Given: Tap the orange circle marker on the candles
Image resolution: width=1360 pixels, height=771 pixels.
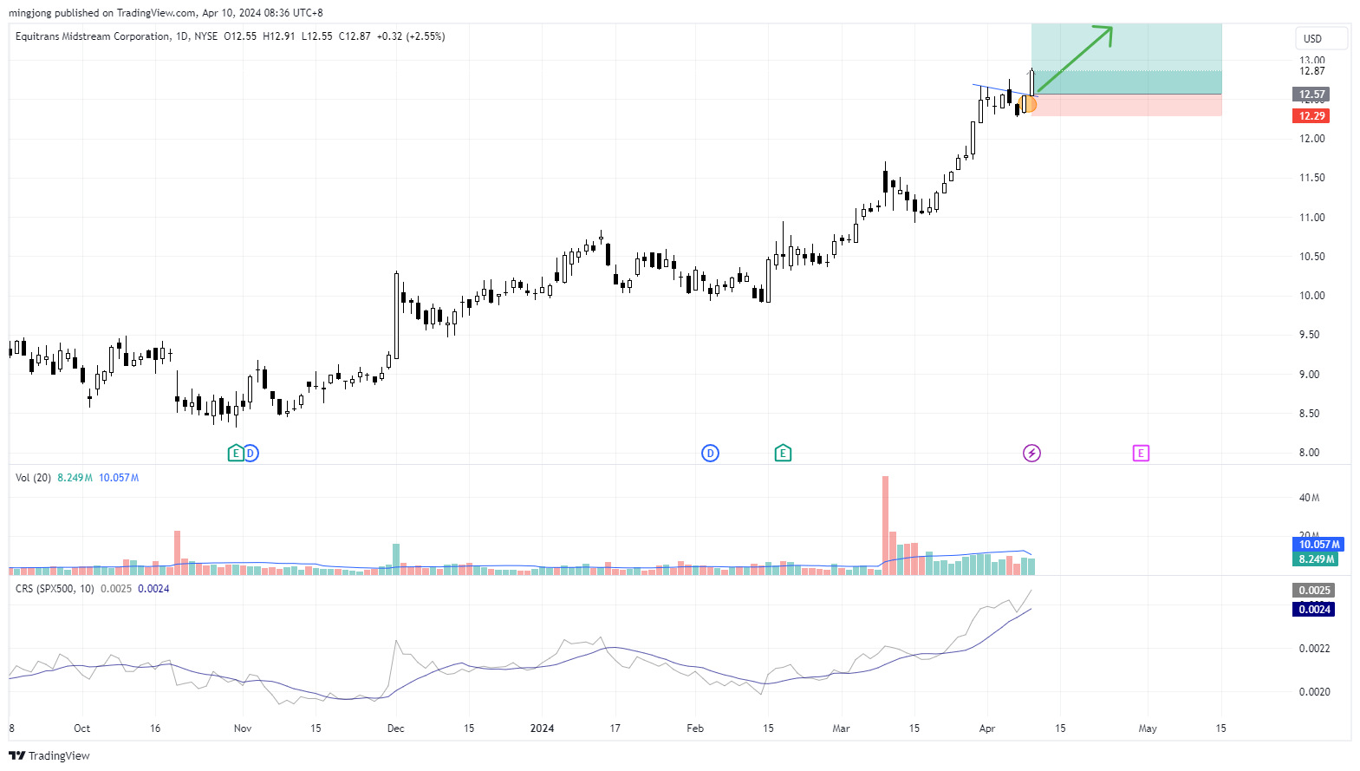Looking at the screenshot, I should tap(1029, 105).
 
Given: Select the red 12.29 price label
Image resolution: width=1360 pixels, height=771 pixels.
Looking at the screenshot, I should tap(1311, 116).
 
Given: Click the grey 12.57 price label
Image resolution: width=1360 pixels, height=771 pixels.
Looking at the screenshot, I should tap(1311, 95).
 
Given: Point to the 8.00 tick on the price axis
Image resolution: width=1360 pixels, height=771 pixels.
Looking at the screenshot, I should tap(1309, 453).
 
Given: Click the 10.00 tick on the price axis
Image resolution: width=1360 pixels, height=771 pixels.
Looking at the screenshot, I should tap(1311, 296).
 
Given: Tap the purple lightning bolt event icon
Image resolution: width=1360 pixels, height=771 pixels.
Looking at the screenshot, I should tap(1031, 453).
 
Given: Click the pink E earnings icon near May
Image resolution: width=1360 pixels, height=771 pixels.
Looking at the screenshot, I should tap(1141, 453).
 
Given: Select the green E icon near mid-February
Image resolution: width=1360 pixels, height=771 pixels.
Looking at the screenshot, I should tap(783, 453).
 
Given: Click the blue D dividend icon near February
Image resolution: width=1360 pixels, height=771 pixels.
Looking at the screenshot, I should tap(710, 453).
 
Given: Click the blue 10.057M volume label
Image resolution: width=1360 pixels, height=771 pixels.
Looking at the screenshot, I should tap(1318, 545).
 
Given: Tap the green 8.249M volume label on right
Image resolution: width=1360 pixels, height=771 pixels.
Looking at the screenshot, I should tap(1317, 559).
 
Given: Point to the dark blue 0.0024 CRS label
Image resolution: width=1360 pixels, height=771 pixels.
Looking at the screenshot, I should tap(1314, 610).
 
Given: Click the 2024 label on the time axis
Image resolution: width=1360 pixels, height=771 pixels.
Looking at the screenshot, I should tap(542, 729).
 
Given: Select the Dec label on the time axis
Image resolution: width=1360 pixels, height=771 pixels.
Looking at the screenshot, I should tap(395, 729).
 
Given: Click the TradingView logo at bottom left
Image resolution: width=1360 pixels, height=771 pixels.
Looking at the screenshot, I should tap(49, 755).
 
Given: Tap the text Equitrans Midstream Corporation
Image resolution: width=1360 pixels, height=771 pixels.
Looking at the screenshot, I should tap(93, 36).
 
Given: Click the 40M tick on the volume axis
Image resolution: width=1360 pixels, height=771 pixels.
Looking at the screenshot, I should tap(1309, 498).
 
